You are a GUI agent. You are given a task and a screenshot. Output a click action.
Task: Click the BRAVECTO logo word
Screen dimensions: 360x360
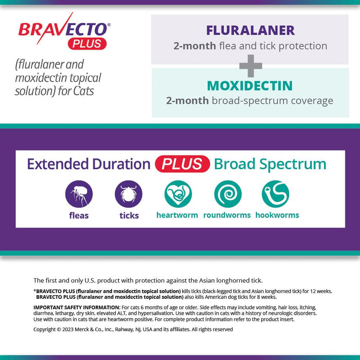tap(63, 29)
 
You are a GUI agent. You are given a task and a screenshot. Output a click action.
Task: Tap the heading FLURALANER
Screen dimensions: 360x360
tap(250, 30)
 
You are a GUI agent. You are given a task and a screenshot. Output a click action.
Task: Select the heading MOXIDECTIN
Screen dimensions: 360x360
tap(250, 85)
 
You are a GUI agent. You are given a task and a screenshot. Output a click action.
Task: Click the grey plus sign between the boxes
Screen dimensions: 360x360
tap(250, 66)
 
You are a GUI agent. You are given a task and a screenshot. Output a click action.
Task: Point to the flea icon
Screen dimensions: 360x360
tap(79, 194)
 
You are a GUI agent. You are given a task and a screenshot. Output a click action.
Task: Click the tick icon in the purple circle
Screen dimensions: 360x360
tap(129, 194)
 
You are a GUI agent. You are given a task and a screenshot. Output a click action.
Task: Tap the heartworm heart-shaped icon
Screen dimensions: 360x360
tap(178, 194)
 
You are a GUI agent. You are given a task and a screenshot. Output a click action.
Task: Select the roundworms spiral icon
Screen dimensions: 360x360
tap(227, 194)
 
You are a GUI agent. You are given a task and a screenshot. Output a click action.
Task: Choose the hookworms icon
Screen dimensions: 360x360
tap(276, 194)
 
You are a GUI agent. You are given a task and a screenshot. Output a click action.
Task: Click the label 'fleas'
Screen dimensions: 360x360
tap(79, 215)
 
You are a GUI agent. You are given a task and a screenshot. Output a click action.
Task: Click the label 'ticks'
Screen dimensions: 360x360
tap(129, 215)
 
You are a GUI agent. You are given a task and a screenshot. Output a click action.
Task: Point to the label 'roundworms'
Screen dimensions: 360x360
tap(227, 215)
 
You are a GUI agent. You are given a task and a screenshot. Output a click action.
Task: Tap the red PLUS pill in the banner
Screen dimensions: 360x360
tap(182, 164)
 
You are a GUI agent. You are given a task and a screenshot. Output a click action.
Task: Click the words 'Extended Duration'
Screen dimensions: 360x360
tap(88, 164)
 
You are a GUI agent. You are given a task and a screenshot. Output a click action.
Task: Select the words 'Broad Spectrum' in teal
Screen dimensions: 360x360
tap(270, 164)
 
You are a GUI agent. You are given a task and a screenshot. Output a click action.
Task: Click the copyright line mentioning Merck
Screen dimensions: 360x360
tap(133, 329)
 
